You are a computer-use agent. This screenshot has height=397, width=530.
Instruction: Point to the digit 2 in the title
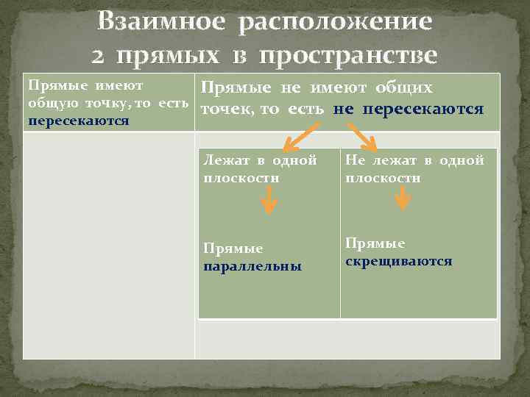pyautogui.click(x=101, y=55)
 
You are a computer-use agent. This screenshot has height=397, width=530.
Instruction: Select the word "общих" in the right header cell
pyautogui.click(x=404, y=88)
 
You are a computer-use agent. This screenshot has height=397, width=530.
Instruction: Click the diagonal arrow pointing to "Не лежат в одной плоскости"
pyautogui.click(x=362, y=136)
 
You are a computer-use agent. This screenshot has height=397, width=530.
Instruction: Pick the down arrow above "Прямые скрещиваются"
pyautogui.click(x=402, y=197)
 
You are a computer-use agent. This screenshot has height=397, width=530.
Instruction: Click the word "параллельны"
pyautogui.click(x=252, y=266)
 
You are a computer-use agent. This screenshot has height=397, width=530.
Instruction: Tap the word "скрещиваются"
pyautogui.click(x=398, y=261)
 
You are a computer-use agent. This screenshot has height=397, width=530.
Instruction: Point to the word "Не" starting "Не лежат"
pyautogui.click(x=355, y=160)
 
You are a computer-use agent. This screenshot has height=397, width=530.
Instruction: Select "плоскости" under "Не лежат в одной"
pyautogui.click(x=383, y=178)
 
